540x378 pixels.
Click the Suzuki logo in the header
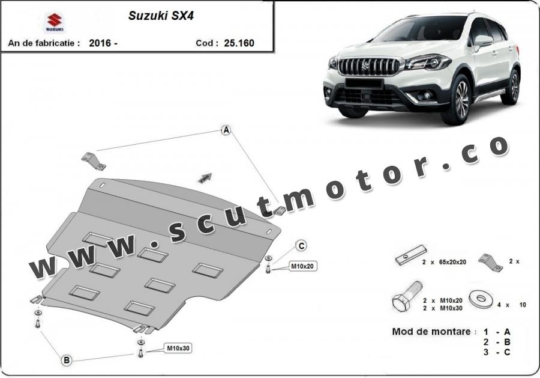(x=55, y=22)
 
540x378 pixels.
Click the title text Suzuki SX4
(x=161, y=16)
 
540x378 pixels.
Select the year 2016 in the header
(x=100, y=43)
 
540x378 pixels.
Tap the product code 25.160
(x=239, y=43)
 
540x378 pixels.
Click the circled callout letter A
(x=226, y=130)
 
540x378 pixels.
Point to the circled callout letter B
(x=67, y=361)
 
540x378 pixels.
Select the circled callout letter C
(x=302, y=246)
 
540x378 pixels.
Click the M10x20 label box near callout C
(x=303, y=266)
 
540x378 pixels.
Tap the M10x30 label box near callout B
(x=178, y=349)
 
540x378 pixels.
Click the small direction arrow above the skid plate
(x=205, y=178)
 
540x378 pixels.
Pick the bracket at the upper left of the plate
(x=94, y=162)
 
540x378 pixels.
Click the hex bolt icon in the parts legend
(x=407, y=296)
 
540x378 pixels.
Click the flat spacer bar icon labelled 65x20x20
(x=412, y=255)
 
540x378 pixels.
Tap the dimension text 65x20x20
(x=452, y=262)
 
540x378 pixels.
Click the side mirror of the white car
(x=483, y=41)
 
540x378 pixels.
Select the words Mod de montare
(x=431, y=332)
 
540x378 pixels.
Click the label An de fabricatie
(x=44, y=43)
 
